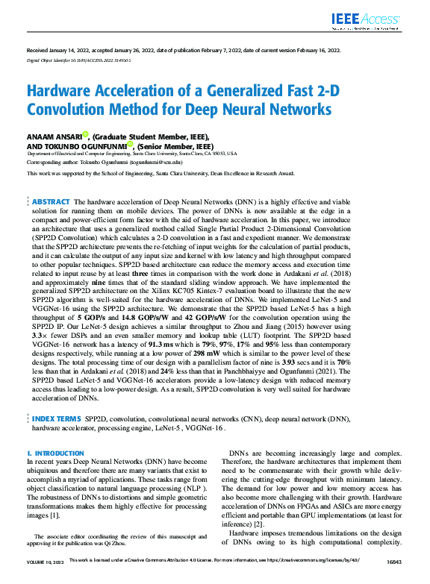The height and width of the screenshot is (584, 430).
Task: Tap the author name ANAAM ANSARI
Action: tap(54, 136)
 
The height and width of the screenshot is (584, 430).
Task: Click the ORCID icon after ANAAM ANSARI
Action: tap(85, 135)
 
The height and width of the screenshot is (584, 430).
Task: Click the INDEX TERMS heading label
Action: tap(57, 420)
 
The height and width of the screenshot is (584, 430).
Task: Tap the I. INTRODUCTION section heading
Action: tap(55, 453)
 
